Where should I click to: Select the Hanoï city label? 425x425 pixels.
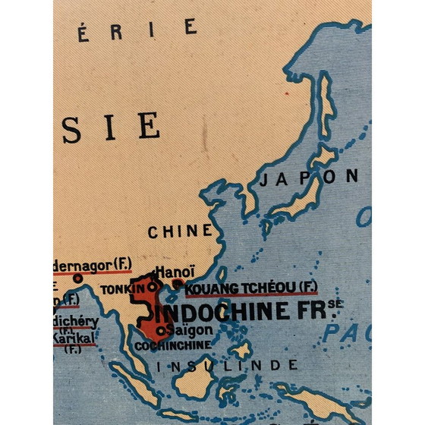(x=175, y=272)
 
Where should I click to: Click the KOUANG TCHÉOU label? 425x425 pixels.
(x=241, y=287)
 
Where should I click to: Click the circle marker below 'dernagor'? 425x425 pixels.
(x=77, y=279)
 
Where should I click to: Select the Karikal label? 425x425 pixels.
(x=73, y=339)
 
